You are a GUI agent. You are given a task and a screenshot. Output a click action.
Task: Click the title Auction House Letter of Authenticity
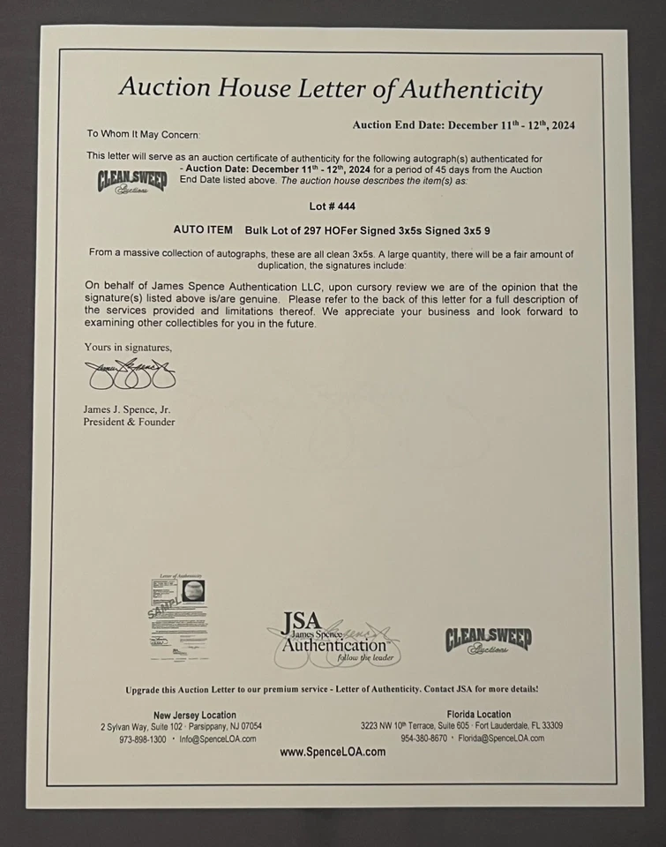330,88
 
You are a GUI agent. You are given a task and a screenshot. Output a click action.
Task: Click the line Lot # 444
333,207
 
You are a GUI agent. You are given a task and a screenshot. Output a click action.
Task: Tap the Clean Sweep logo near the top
131,182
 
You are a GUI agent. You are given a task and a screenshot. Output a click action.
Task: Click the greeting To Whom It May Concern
143,134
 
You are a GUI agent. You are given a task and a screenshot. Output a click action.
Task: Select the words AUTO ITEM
203,229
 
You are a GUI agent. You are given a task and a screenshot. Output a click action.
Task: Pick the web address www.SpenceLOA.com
333,753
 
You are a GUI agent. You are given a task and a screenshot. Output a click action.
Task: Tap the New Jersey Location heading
195,715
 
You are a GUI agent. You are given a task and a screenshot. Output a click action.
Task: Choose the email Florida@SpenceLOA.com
500,738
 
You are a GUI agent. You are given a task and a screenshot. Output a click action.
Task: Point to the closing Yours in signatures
128,347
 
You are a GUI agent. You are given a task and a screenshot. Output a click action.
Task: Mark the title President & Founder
129,422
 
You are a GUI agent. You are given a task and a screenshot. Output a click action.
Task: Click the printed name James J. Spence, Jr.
128,409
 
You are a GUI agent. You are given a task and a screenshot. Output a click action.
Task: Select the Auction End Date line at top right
463,125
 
